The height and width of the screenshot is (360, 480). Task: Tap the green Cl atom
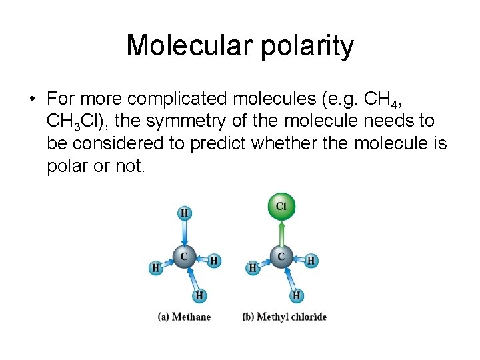pos(281,207)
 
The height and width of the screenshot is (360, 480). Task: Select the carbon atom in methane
pos(184,256)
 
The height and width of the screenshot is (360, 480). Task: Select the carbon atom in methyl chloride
pos(281,256)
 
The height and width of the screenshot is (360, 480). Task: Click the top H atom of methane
pos(184,213)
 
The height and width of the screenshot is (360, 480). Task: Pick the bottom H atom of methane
pos(199,295)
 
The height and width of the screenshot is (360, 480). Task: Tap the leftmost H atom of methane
pos(155,268)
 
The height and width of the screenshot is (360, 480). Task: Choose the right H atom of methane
pos(214,261)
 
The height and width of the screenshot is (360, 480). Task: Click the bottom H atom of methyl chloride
pos(297,295)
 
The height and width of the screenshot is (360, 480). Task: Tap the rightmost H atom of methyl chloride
pos(311,261)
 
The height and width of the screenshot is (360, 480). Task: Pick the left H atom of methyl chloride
pos(253,268)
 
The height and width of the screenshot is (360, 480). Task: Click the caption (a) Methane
pos(184,317)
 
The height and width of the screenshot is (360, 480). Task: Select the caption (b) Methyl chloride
pos(285,317)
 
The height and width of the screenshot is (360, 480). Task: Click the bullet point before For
pos(31,99)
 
